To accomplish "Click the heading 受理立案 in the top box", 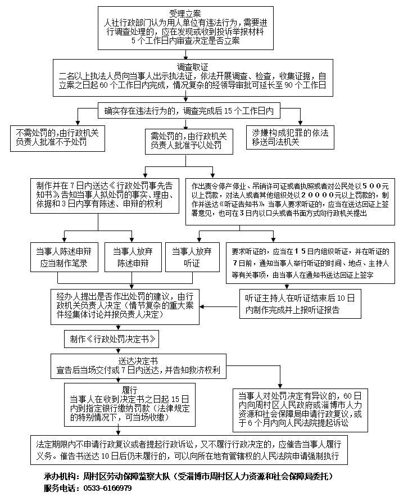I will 185,12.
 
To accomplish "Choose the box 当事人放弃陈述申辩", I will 132,257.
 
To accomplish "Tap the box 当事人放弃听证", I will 193,257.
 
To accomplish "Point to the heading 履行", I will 130,388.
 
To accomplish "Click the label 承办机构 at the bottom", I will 61,476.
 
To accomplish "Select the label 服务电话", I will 61,488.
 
